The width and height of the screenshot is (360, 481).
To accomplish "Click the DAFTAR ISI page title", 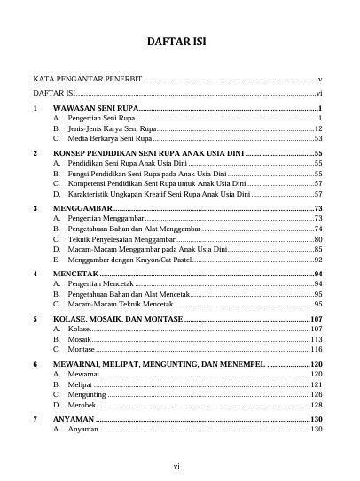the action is tap(179, 45).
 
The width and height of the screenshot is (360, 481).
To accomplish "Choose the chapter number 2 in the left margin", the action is tap(35, 153).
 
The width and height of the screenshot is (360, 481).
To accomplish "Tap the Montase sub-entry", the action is tap(82, 350).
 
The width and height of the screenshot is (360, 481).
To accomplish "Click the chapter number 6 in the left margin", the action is tap(35, 364).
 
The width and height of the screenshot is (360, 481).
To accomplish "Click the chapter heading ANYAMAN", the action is tap(74, 418).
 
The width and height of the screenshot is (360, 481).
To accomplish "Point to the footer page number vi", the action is tap(179, 463).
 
